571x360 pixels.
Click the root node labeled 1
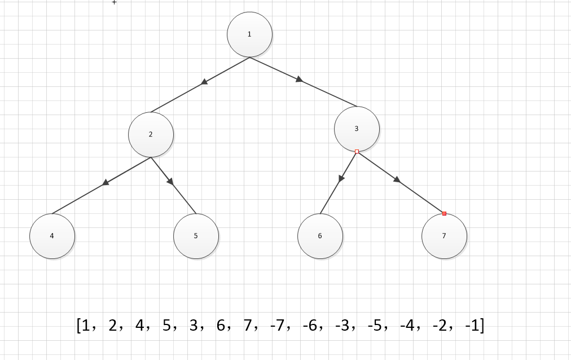pyautogui.click(x=249, y=34)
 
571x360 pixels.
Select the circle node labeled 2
pyautogui.click(x=151, y=134)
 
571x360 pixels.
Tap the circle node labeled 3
pyautogui.click(x=357, y=129)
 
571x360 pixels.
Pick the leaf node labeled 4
pyautogui.click(x=52, y=236)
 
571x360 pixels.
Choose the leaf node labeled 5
pyautogui.click(x=196, y=236)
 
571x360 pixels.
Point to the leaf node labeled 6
pyautogui.click(x=320, y=236)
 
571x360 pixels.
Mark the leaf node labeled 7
pyautogui.click(x=444, y=236)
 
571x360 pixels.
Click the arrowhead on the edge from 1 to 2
pyautogui.click(x=204, y=82)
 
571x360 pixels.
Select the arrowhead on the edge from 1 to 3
pyautogui.click(x=299, y=80)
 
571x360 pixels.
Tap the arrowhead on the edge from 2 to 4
pyautogui.click(x=106, y=183)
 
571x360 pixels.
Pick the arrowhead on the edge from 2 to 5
pyautogui.click(x=170, y=181)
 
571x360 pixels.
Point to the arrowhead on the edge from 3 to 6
pyautogui.click(x=341, y=178)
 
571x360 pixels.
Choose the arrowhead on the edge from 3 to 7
pyautogui.click(x=397, y=179)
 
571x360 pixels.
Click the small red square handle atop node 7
pyautogui.click(x=444, y=213)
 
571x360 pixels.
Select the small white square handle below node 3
pyautogui.click(x=357, y=151)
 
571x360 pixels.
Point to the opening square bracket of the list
pyautogui.click(x=78, y=326)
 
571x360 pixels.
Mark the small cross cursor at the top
pyautogui.click(x=115, y=2)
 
